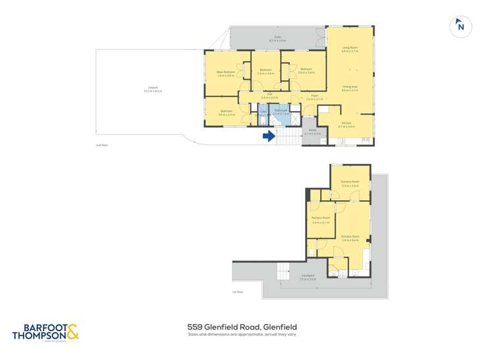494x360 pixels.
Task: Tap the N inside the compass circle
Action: pos(461,27)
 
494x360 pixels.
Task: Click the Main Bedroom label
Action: pos(226,72)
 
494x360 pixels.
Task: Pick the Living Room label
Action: pos(349,49)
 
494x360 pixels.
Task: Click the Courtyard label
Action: pos(307,276)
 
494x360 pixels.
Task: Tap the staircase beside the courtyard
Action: pos(283,270)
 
